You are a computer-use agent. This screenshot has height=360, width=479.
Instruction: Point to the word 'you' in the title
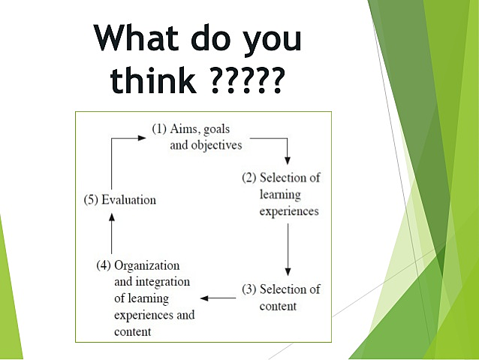(273, 41)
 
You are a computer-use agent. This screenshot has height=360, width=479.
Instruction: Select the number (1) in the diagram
(160, 129)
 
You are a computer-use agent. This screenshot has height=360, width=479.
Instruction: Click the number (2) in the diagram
(249, 178)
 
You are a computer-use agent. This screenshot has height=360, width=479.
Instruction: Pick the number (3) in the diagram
(249, 289)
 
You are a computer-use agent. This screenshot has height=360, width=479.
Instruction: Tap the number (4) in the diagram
(104, 265)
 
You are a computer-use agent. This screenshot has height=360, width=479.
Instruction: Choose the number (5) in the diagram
(91, 200)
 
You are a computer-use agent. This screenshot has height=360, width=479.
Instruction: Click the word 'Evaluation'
(128, 200)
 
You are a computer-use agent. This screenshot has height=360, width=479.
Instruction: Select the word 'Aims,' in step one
(188, 129)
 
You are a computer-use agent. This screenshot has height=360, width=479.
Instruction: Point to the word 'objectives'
(217, 145)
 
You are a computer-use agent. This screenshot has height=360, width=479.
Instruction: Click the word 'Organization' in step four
(147, 265)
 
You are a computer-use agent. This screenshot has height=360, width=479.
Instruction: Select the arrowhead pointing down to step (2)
(287, 159)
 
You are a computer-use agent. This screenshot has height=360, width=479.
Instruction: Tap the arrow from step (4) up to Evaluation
(111, 233)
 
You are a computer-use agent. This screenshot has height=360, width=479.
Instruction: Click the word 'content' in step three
(278, 306)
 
